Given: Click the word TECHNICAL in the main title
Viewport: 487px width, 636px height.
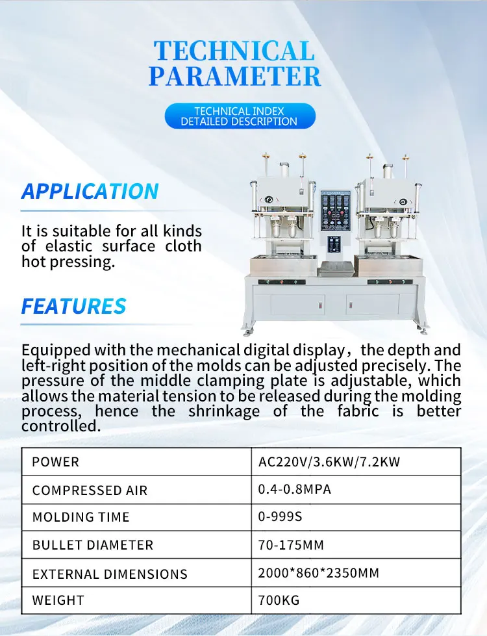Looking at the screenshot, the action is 234,51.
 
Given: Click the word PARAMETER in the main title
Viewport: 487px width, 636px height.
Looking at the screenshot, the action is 234,75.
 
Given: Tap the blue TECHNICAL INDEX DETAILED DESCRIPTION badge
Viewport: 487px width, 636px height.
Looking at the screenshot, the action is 239,116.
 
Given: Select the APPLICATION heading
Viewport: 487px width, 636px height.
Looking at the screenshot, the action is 90,192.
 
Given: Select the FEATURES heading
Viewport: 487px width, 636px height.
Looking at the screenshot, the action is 73,306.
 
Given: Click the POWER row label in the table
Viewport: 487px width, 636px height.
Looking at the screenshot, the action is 56,463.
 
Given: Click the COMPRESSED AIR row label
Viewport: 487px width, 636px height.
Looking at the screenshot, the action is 90,490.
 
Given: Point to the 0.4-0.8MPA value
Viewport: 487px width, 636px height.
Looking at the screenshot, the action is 295,489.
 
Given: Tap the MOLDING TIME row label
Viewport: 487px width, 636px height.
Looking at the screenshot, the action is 81,518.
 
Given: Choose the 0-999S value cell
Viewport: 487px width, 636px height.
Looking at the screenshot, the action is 281,517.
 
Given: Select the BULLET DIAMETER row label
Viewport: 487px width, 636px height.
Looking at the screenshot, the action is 93,545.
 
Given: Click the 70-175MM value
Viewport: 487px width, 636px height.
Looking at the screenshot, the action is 291,544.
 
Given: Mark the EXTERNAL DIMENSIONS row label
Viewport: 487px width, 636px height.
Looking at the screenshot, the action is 110,574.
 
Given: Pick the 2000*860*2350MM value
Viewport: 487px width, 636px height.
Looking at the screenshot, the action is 319,573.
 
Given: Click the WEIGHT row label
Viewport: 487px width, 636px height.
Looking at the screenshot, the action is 58,601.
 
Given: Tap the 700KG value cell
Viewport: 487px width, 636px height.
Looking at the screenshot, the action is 279,600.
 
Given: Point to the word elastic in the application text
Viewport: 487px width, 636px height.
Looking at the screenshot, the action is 68,247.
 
